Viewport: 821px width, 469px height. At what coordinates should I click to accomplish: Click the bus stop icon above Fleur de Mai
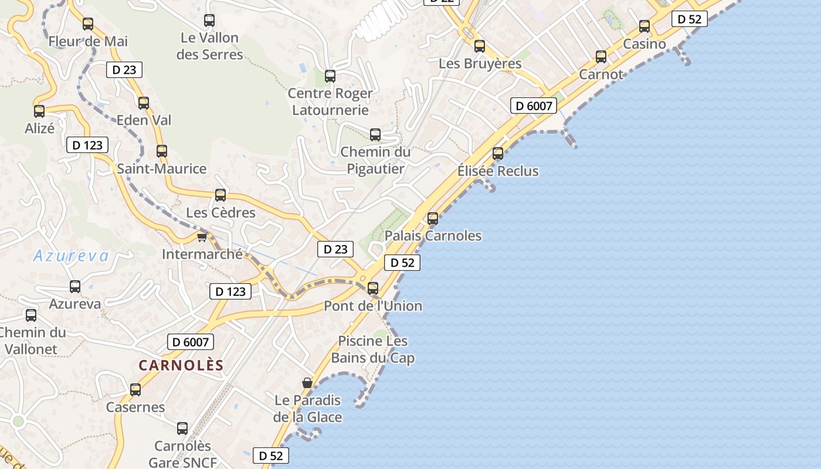[x=88, y=24]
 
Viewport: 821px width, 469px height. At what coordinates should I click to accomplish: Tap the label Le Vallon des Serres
[x=209, y=46]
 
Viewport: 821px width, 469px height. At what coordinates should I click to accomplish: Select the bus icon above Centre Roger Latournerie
[x=330, y=76]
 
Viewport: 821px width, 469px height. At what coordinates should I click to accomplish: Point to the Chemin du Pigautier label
[x=375, y=161]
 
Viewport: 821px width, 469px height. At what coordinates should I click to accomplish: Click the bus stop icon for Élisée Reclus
[x=498, y=154]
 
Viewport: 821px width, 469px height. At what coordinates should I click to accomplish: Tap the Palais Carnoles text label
[x=433, y=236]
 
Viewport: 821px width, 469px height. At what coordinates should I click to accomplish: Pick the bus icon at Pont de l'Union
[x=373, y=288]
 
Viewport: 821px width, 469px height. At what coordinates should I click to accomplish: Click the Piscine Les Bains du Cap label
[x=373, y=349]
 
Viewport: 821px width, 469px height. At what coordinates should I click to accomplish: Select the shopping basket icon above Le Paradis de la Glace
[x=307, y=383]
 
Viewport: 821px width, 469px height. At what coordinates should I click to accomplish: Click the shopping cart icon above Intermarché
[x=202, y=237]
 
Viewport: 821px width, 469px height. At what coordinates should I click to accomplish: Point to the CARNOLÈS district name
[x=181, y=365]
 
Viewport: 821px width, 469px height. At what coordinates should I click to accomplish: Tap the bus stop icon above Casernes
[x=135, y=390]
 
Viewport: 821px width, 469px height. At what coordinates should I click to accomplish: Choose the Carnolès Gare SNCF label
[x=182, y=454]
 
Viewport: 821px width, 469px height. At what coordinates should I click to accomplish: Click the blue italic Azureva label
[x=72, y=256]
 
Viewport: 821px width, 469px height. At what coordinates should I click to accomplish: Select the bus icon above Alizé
[x=39, y=111]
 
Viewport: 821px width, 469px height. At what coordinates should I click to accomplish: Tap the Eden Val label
[x=144, y=120]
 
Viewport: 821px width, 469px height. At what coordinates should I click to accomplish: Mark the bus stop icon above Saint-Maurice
[x=162, y=151]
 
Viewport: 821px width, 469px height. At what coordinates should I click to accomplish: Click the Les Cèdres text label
[x=220, y=213]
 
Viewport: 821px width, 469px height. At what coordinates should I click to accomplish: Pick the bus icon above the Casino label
[x=644, y=26]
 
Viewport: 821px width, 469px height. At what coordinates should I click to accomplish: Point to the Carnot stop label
[x=601, y=74]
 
